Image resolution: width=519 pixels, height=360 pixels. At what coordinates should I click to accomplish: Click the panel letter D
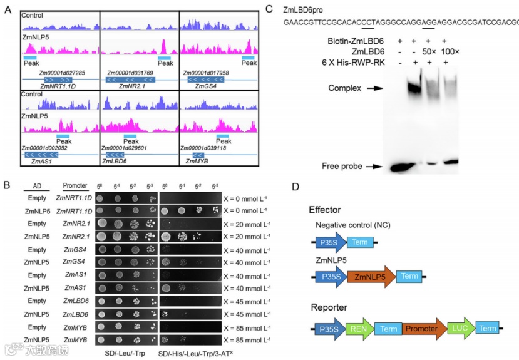pos(295,187)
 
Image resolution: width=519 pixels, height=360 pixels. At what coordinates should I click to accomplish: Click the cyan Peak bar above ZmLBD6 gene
pos(130,136)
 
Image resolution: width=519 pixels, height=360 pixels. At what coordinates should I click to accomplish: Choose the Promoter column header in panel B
pos(75,186)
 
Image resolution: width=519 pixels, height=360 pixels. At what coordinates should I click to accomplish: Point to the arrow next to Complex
pos(374,89)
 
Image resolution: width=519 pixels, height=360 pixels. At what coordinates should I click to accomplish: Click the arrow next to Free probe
pos(374,167)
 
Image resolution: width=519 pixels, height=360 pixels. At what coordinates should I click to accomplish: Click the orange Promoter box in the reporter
pos(421,327)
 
